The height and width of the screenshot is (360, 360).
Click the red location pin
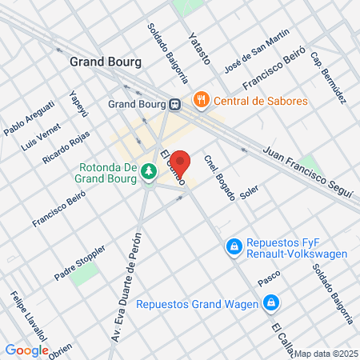click(180, 164)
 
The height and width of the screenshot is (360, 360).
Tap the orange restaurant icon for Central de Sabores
click(200, 102)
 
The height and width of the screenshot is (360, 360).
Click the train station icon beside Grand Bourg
click(174, 104)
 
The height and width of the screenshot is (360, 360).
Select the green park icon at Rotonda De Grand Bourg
click(148, 172)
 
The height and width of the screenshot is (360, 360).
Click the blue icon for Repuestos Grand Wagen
click(272, 303)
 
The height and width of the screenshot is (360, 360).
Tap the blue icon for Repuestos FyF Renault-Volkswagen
click(234, 247)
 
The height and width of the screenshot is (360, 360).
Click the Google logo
click(26, 350)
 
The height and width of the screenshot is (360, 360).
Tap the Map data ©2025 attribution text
click(326, 354)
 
